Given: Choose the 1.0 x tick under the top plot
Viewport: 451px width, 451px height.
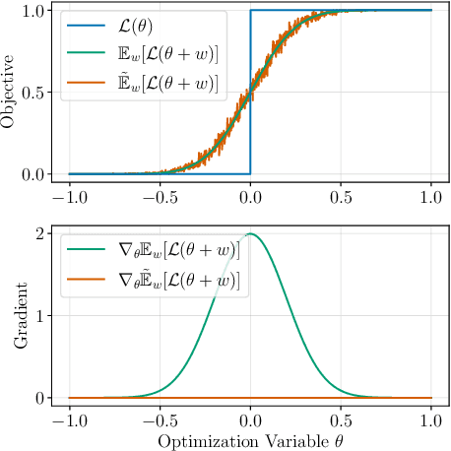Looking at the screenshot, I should coord(431,197).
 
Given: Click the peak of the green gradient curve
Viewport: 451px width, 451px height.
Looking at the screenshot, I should coord(250,234).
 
